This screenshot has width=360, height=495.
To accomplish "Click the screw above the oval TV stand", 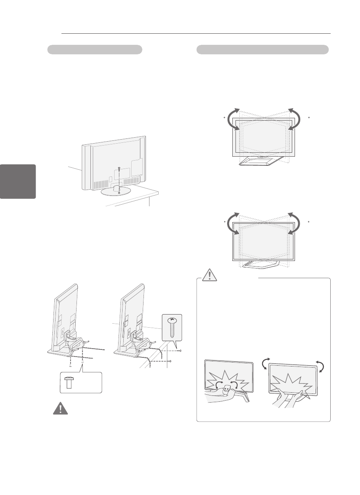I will pyautogui.click(x=119, y=169).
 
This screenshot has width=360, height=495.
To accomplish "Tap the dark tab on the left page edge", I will pyautogui.click(x=18, y=182).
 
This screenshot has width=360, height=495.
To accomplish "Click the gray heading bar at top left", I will pyautogui.click(x=95, y=50).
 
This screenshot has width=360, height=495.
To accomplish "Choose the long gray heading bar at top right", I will pyautogui.click(x=262, y=50).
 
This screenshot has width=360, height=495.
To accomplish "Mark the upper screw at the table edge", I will pyautogui.click(x=180, y=351).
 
